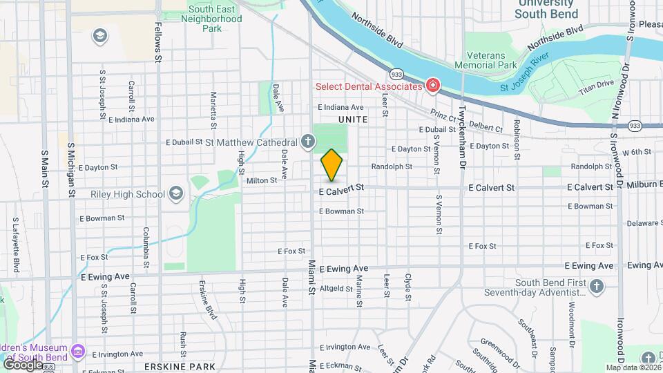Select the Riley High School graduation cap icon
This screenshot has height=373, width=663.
pyautogui.click(x=176, y=194)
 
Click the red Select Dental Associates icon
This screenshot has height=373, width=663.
pyautogui.click(x=433, y=86)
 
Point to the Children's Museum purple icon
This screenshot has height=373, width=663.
pyautogui.click(x=78, y=352)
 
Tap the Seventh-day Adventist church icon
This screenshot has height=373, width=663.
pyautogui.click(x=597, y=285)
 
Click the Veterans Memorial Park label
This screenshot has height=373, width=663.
pyautogui.click(x=486, y=60)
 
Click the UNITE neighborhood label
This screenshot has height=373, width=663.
pyautogui.click(x=353, y=119)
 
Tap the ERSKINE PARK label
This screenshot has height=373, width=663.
pyautogui.click(x=180, y=365)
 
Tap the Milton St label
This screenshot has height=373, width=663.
pyautogui.click(x=262, y=180)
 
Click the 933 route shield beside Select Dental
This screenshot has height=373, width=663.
pyautogui.click(x=396, y=74)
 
